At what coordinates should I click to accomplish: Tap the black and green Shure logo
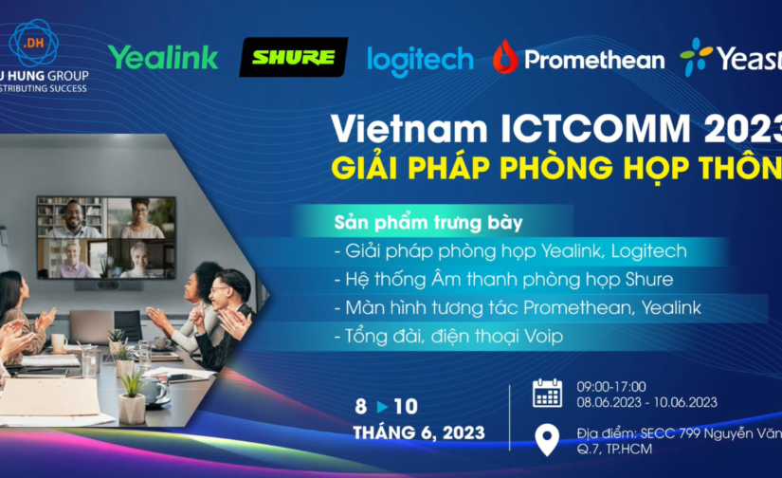coord(293,58)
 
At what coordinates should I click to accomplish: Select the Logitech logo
coord(420,60)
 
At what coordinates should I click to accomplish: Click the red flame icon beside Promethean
coord(504,57)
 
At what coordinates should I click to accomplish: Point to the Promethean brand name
coord(594,60)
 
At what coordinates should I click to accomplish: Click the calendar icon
coord(547,393)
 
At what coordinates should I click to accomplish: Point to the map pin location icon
coord(547,439)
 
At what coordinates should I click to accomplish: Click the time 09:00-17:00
coord(610,386)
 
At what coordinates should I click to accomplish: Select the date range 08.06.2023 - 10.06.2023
coord(646,402)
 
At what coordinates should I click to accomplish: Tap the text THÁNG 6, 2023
coord(419,433)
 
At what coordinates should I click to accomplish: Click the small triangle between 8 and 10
coord(382,407)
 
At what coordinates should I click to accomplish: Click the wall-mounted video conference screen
coord(106,237)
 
